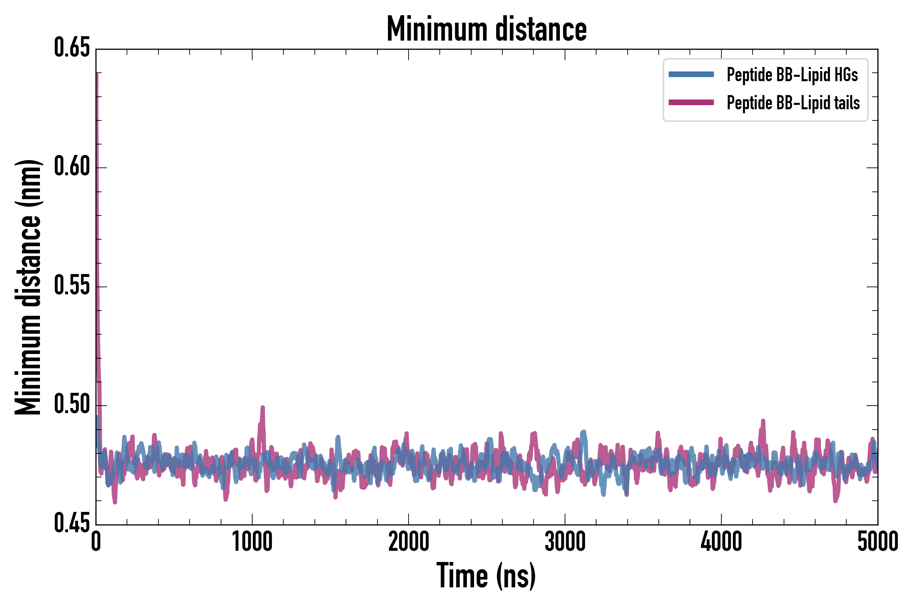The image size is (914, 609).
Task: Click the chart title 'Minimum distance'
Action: [x=486, y=29]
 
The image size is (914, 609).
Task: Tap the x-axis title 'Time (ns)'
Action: [x=486, y=576]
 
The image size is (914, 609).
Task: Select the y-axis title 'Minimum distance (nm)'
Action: [x=28, y=287]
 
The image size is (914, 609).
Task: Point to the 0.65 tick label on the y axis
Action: [x=72, y=48]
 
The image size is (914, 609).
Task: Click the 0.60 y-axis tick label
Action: [x=72, y=167]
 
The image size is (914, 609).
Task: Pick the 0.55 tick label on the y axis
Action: [x=72, y=286]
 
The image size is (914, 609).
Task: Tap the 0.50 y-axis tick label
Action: [x=72, y=405]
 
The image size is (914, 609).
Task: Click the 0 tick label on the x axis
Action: [x=96, y=542]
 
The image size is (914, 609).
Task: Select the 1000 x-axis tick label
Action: [x=252, y=542]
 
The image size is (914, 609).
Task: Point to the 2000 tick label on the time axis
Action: [x=409, y=542]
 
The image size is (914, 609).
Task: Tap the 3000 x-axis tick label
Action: [x=565, y=542]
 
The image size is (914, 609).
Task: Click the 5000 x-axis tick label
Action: [x=877, y=542]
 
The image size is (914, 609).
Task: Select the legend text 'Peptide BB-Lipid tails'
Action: [x=793, y=103]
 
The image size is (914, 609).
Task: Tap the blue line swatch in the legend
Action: [x=691, y=74]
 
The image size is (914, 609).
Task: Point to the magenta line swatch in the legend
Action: [x=691, y=103]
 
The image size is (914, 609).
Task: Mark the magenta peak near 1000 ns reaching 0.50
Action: [x=263, y=407]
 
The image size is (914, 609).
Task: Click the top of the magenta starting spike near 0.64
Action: [x=97, y=74]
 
